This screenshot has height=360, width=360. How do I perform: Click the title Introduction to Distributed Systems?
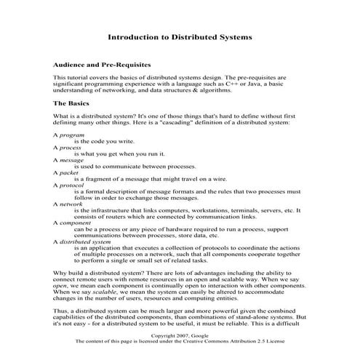pyautogui.click(x=180, y=36)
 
